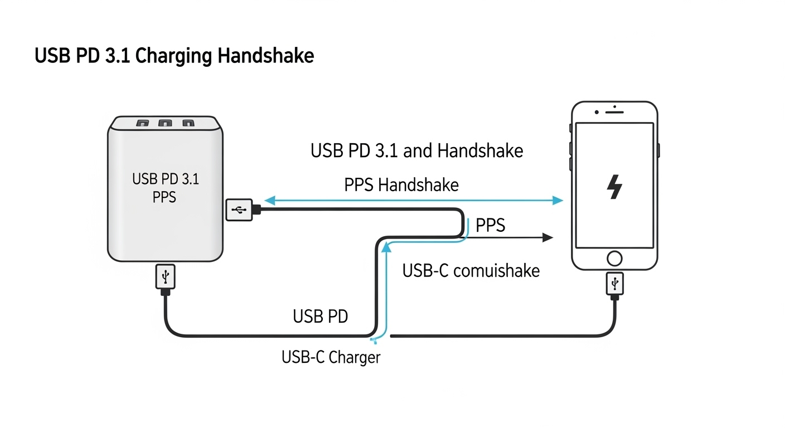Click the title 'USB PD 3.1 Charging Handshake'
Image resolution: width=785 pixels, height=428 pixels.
point(174,56)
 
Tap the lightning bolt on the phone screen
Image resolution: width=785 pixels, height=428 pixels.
point(614,187)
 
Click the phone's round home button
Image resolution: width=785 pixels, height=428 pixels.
point(614,258)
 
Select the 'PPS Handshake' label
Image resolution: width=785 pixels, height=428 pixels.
point(401,184)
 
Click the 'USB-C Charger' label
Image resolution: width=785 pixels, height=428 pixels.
point(331,357)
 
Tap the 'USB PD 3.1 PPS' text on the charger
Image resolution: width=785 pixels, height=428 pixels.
point(165,188)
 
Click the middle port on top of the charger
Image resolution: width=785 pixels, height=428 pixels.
point(165,122)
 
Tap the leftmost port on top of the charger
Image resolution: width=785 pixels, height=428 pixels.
point(143,122)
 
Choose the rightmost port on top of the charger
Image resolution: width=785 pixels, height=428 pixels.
point(188,122)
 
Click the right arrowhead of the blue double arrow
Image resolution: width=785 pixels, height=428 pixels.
point(558,201)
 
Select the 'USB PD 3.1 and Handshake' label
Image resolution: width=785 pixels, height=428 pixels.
point(416,150)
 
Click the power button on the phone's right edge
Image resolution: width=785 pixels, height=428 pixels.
point(659,150)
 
